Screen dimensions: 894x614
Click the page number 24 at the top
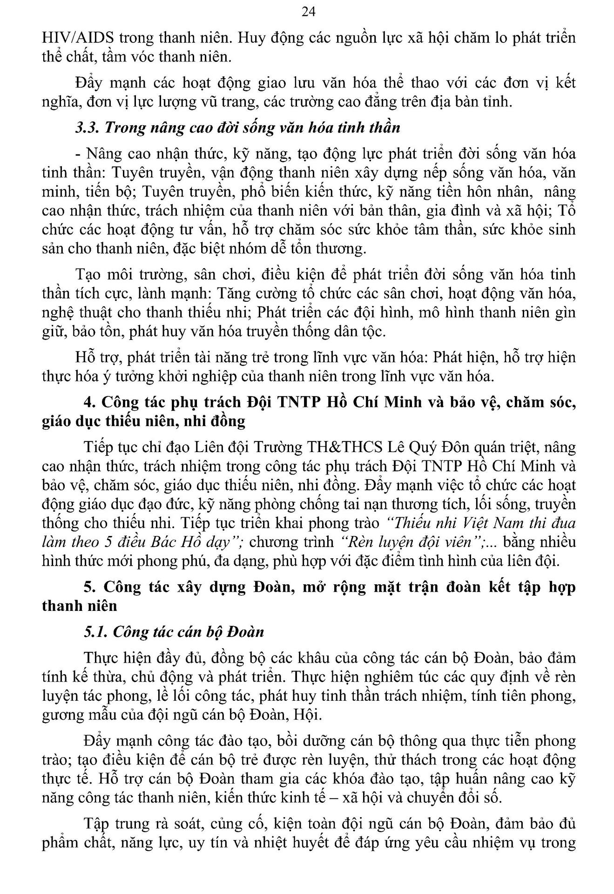click(308, 12)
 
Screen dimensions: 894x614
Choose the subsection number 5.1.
click(96, 632)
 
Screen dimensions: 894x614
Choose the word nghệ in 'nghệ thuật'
click(57, 312)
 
